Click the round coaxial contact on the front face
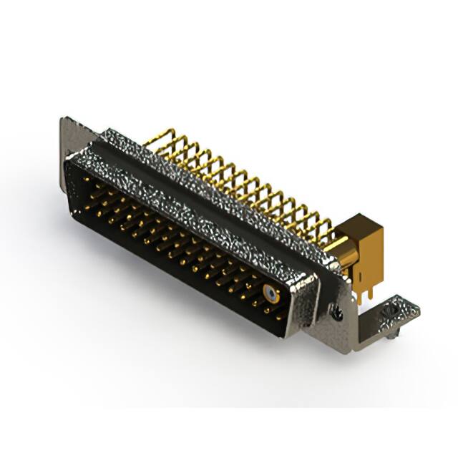(270, 293)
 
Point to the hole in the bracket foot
(391, 312)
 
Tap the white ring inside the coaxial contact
(270, 293)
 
